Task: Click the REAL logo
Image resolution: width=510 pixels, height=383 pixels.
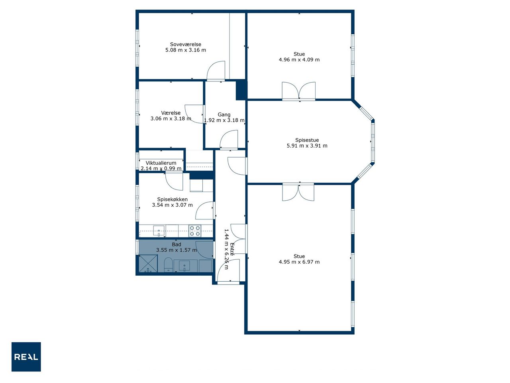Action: coord(26,357)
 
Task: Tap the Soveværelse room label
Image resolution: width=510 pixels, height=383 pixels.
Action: coord(185,44)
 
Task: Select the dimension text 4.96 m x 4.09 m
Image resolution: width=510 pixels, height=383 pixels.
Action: coord(299,59)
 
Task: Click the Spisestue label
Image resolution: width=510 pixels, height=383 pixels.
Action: coord(307,140)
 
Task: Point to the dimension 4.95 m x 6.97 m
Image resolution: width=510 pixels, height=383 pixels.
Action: coord(299,262)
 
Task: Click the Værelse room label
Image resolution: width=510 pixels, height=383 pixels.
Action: coord(171,113)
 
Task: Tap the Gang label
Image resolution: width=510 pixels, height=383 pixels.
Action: coord(224,115)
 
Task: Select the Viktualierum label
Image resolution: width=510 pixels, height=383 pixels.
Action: coord(161,163)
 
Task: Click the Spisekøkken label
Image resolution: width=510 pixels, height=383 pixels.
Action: coord(172,199)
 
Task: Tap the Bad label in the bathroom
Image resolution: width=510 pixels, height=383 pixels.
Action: coord(177,245)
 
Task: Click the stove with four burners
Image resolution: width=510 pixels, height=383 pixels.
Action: coord(195,231)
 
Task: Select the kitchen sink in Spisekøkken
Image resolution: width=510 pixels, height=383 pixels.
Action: coord(159,231)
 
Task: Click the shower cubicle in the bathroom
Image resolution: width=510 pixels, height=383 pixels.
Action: coord(148,263)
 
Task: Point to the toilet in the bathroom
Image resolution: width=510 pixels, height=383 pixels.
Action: coord(168,265)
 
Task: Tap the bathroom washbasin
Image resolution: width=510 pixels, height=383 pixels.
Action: coord(184,266)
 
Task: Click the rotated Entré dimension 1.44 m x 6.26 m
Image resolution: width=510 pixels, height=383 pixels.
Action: coord(229,249)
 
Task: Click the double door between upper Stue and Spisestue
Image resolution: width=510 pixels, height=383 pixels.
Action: coord(298,91)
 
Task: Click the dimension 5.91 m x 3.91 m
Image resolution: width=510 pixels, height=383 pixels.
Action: coord(307,146)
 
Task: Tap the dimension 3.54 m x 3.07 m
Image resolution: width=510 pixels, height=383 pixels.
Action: coord(172,205)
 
